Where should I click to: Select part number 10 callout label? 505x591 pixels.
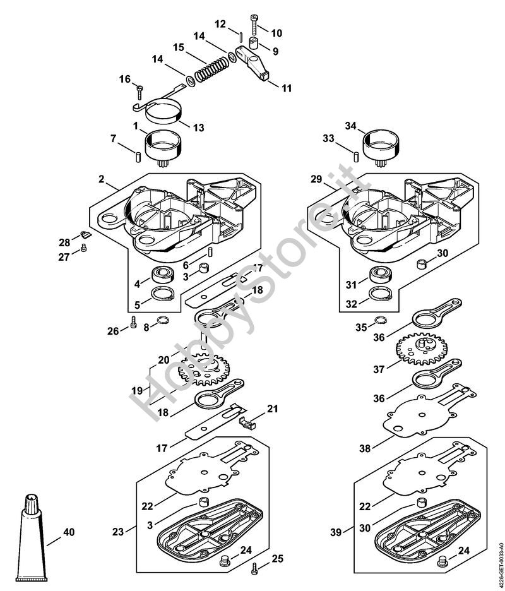(278, 32)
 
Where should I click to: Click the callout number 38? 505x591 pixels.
(364, 449)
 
